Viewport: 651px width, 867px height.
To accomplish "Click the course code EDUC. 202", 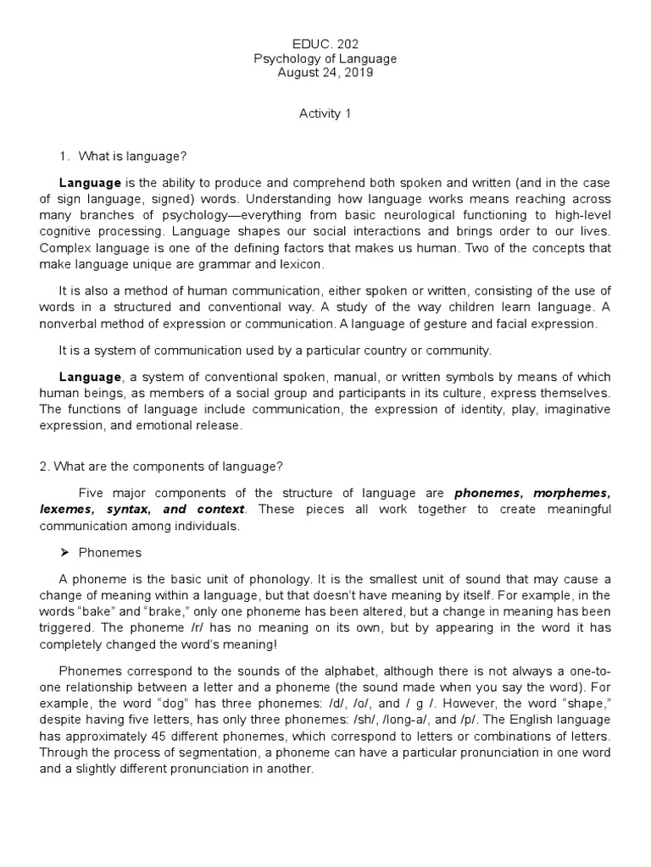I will [x=325, y=43].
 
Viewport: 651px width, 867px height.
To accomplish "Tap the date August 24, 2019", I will [x=325, y=74].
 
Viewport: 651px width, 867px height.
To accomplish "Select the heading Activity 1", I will [x=325, y=114].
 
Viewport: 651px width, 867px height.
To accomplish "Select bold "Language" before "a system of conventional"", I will [x=90, y=376].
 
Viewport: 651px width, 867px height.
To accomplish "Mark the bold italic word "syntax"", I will [x=127, y=509].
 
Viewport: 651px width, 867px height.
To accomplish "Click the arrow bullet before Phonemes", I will [x=64, y=552].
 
